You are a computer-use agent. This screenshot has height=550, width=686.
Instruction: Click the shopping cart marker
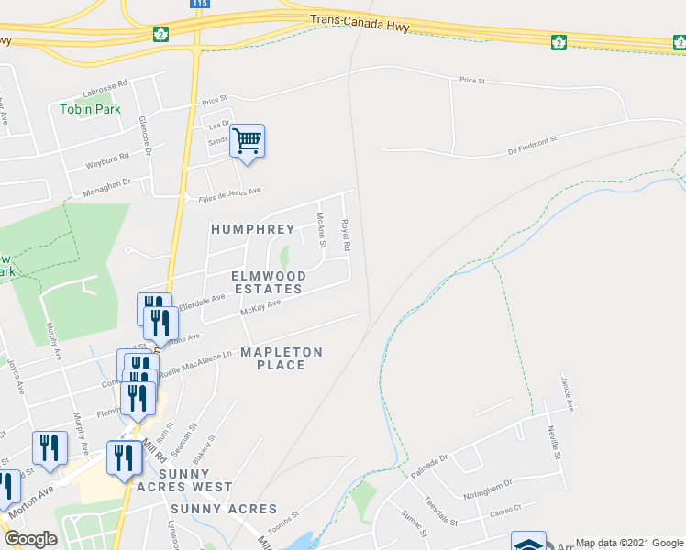247,141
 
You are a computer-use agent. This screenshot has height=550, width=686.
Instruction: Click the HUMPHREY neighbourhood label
252,229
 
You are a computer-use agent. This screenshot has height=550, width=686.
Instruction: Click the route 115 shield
201,4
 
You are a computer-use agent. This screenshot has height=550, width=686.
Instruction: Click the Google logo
31,539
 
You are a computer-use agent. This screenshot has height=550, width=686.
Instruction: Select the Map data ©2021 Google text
629,543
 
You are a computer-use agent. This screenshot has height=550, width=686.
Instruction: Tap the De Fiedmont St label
520,143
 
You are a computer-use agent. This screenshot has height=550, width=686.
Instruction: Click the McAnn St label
321,230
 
